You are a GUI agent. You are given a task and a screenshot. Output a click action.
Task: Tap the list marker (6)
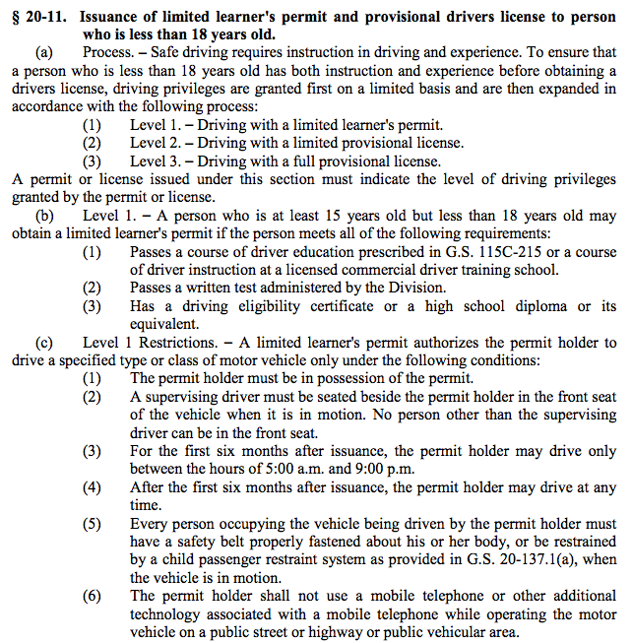(x=92, y=595)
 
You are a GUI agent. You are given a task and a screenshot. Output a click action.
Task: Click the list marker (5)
(x=92, y=524)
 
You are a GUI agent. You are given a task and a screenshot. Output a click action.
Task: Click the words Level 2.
(x=157, y=143)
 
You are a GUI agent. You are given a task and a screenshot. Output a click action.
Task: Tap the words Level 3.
(x=157, y=161)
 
